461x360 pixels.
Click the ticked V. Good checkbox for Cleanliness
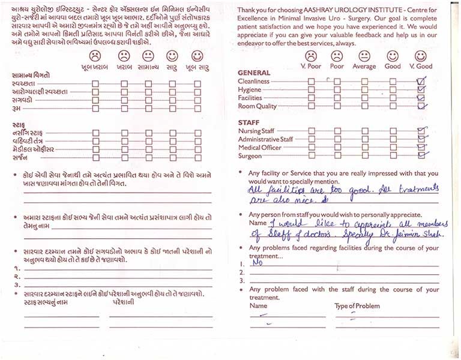(x=421, y=81)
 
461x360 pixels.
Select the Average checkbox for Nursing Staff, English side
(x=364, y=130)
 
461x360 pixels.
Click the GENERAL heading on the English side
(x=255, y=73)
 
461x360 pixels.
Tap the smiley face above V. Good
(x=420, y=56)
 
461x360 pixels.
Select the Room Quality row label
(x=258, y=106)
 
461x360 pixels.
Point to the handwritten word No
(x=259, y=262)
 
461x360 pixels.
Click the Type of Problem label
(x=357, y=306)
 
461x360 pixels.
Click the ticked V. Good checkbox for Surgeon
(x=421, y=155)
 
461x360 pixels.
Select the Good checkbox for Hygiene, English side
(x=393, y=89)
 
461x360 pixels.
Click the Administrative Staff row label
(x=265, y=139)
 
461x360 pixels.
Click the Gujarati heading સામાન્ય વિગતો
(x=30, y=75)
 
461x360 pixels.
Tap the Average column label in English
(x=364, y=66)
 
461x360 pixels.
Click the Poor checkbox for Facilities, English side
(x=337, y=98)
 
